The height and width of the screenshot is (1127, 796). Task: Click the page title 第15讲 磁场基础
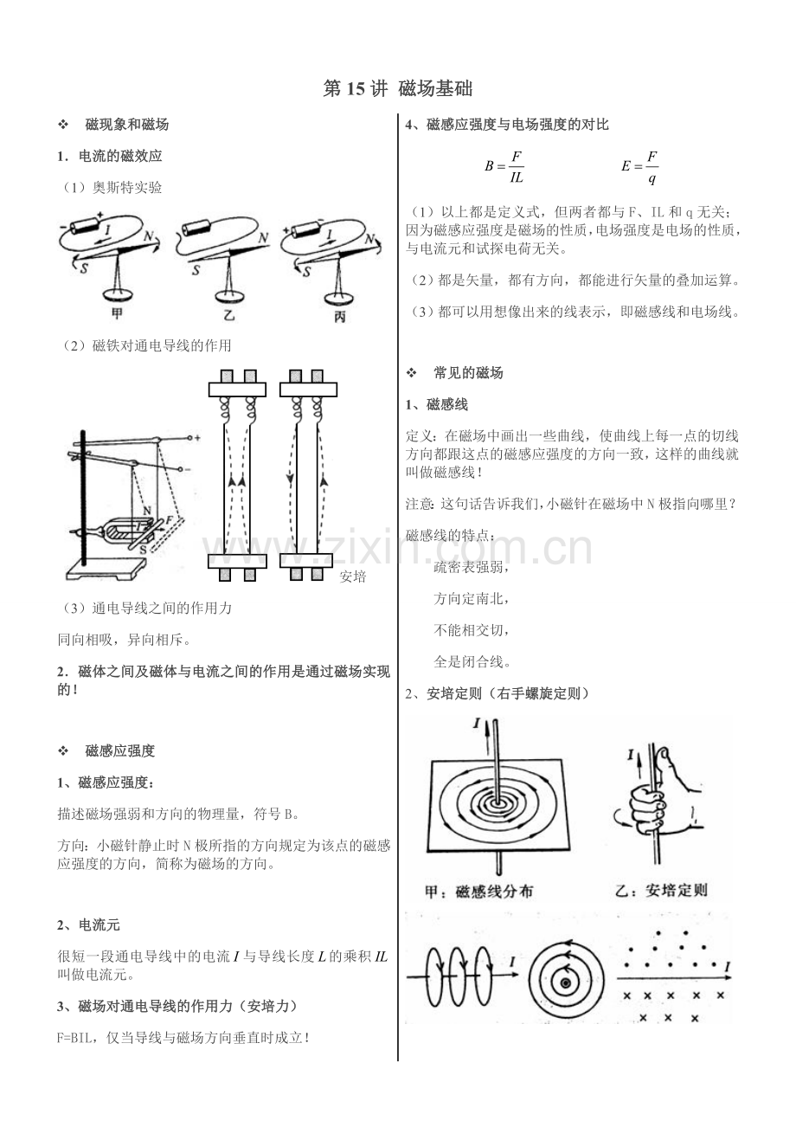pos(398,88)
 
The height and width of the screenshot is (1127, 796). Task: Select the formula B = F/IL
pos(504,166)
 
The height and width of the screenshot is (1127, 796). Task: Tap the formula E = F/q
pos(639,166)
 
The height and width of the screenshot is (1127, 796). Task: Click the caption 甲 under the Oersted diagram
pos(117,314)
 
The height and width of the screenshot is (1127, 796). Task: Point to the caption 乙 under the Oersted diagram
pos(228,314)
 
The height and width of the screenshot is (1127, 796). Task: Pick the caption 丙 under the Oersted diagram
pos(339,317)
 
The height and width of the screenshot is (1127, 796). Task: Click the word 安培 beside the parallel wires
pos(352,576)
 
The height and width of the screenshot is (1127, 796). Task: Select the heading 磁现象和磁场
pos(126,125)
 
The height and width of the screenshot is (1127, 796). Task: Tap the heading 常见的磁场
pos(468,373)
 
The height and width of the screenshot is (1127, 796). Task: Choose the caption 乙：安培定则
pos(661,891)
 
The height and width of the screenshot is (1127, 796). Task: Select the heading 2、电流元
pos(88,924)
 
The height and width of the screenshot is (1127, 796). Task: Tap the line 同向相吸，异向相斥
pos(125,640)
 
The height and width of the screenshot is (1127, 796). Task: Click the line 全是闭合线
pos(472,661)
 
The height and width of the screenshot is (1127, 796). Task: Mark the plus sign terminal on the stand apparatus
pos(197,438)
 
